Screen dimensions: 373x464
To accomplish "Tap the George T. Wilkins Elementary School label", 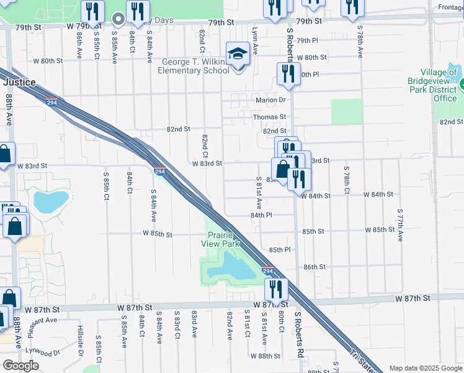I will (x=195, y=66).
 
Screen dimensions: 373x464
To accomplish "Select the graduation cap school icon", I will (x=237, y=54).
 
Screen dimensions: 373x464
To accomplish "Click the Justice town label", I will (x=19, y=81).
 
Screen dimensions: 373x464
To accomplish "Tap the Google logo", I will (x=21, y=366).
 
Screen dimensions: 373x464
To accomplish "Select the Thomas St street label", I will (x=269, y=116).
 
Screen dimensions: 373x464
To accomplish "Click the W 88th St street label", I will (x=265, y=356).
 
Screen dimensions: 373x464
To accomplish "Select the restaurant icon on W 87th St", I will (x=275, y=289).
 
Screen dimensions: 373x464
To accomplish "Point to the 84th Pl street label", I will (x=261, y=215).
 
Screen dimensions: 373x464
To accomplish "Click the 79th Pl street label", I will (x=307, y=40).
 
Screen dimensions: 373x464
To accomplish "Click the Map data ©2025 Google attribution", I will (x=425, y=368).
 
